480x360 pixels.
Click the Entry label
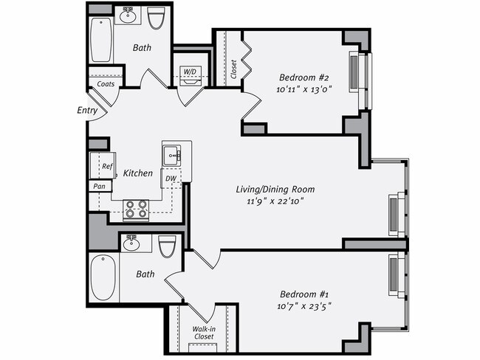pos(86,111)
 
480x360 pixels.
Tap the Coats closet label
pos(105,84)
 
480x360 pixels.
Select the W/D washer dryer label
pos(190,72)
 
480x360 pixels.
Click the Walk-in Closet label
pos(203,332)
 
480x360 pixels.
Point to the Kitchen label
pos(137,173)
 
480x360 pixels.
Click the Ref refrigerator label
pos(106,167)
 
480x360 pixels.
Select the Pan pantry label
pos(99,187)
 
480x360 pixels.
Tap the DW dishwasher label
pos(170,178)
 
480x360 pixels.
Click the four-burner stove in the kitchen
pos(136,210)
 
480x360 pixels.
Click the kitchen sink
pos(172,155)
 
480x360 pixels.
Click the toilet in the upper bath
pos(156,18)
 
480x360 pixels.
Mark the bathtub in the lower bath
pos(103,278)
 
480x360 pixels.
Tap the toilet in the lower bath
pos(168,245)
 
